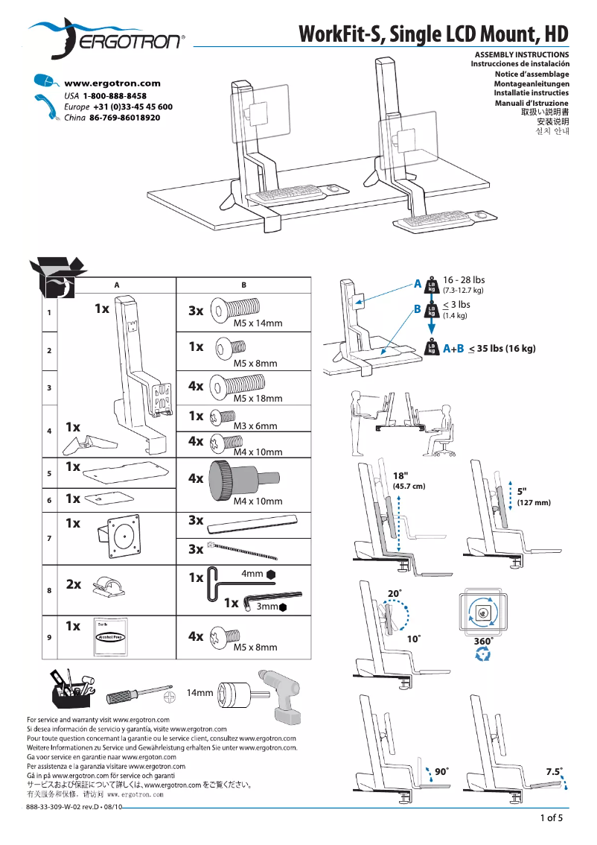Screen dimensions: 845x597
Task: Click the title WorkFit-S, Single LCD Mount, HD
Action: coord(433,34)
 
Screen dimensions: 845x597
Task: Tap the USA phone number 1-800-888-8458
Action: coord(115,96)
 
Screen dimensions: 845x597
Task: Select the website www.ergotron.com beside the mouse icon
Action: coord(112,83)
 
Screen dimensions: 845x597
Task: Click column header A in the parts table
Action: coord(117,285)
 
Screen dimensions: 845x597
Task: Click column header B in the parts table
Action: coord(243,285)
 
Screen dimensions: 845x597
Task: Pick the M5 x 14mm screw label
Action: coord(258,323)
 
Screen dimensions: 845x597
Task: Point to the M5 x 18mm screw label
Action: coord(258,399)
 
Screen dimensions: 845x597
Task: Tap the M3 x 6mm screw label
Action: coord(255,426)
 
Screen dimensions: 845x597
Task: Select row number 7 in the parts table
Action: coord(49,538)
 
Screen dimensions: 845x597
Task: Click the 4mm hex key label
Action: coord(252,574)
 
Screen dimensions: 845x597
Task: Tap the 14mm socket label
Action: coord(199,693)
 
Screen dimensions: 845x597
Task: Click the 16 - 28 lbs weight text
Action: coord(463,280)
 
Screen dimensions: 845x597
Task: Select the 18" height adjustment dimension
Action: coord(401,475)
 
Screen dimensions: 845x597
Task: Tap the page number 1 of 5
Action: coord(552,818)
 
